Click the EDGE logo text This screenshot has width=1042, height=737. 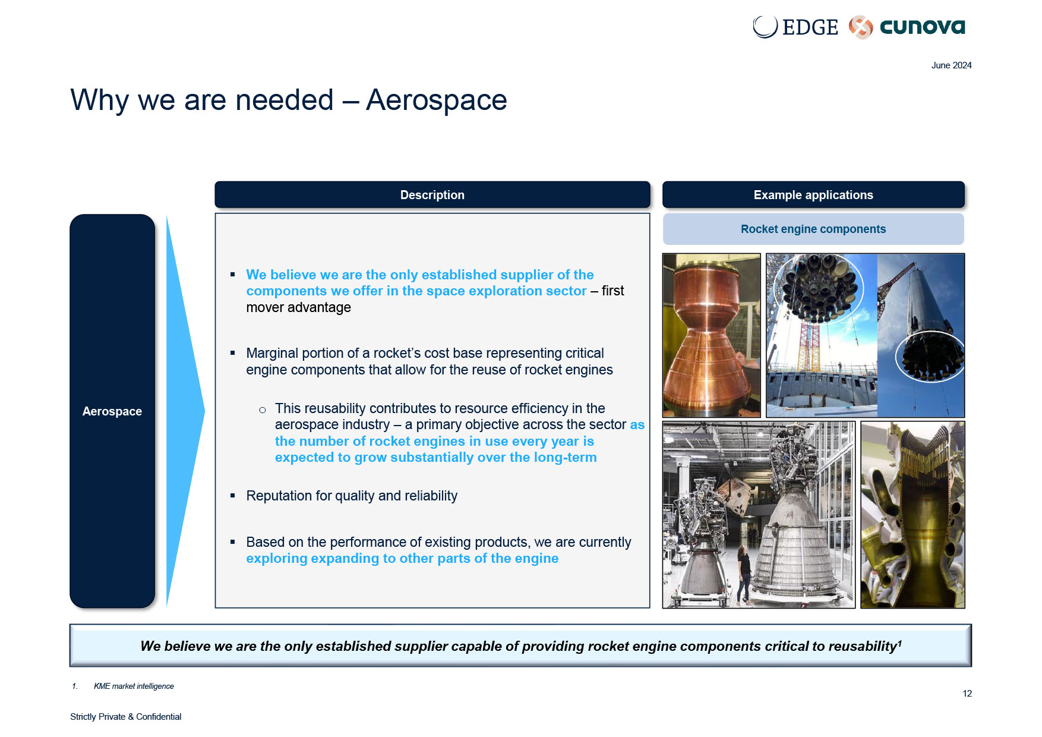[x=810, y=27]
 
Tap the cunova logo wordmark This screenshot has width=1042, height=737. [x=922, y=27]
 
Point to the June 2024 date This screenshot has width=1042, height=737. [x=951, y=65]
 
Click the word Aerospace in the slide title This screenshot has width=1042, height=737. [x=437, y=100]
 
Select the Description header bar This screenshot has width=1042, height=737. [x=432, y=195]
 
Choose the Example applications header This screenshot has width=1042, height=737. [x=813, y=195]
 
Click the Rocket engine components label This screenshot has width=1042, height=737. [x=813, y=229]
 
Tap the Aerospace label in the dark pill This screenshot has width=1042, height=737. [x=112, y=411]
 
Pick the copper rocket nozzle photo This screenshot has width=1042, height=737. [x=712, y=335]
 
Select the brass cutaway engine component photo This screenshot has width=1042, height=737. [x=912, y=515]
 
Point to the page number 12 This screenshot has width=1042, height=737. [x=967, y=694]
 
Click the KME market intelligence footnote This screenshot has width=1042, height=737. [x=134, y=686]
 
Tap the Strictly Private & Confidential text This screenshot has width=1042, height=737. [x=126, y=717]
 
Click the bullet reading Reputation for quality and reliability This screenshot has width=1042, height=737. [x=352, y=496]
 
